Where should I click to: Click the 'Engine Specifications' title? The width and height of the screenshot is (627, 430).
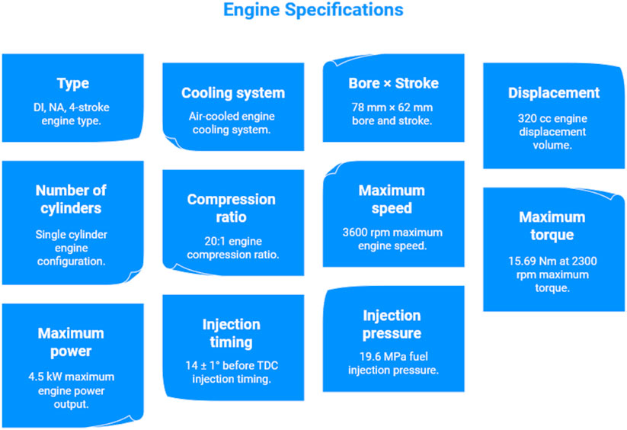point(313,11)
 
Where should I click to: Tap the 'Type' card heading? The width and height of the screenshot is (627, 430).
point(73,84)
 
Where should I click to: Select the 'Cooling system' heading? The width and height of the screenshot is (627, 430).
point(233,93)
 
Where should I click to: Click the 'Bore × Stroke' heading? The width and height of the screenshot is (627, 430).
point(394,83)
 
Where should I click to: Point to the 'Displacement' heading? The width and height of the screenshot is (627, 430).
point(554,93)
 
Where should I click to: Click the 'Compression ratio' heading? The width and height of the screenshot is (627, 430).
point(232,208)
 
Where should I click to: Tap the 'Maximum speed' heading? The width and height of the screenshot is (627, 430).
point(392,199)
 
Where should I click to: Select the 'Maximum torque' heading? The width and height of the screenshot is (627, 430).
point(552,226)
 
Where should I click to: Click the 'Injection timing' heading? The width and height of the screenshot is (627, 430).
point(232,333)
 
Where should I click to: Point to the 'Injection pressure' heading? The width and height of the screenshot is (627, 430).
point(392,324)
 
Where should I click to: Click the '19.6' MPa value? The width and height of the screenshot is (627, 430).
point(372,356)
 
